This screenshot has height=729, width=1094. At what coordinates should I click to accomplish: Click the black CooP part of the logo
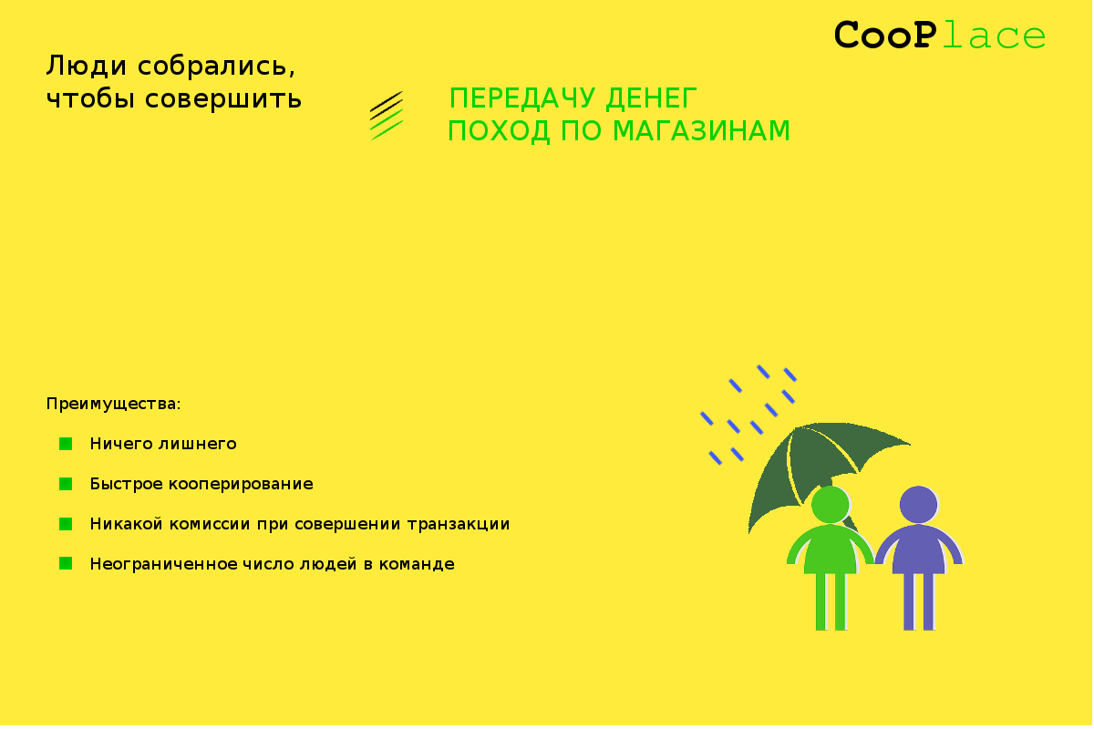point(885,35)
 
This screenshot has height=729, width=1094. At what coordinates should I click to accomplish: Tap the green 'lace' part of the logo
point(994,36)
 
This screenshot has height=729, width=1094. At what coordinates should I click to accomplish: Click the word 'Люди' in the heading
point(87,66)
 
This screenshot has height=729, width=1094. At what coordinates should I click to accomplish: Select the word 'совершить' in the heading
point(223,99)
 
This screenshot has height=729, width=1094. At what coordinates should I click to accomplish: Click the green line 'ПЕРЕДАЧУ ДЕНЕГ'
point(573,98)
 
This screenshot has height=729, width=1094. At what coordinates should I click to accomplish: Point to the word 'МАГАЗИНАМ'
point(701,131)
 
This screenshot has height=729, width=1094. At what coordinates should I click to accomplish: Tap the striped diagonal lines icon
point(387,116)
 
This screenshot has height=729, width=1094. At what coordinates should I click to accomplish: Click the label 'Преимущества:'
point(113,405)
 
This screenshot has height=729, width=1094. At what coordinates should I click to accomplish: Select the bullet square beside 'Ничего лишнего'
point(66,444)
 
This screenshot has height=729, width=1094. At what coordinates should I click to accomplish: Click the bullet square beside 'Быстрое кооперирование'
point(66,484)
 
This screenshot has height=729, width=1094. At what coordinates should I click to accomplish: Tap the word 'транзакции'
point(458,524)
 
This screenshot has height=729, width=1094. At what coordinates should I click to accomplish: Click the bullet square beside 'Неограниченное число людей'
point(66,564)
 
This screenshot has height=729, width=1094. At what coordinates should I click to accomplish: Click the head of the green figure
point(831,505)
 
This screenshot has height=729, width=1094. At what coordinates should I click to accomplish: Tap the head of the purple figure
point(919,505)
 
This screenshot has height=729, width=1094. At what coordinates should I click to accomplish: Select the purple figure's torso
point(919,549)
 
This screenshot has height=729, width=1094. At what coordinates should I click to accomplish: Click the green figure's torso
point(831,549)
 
